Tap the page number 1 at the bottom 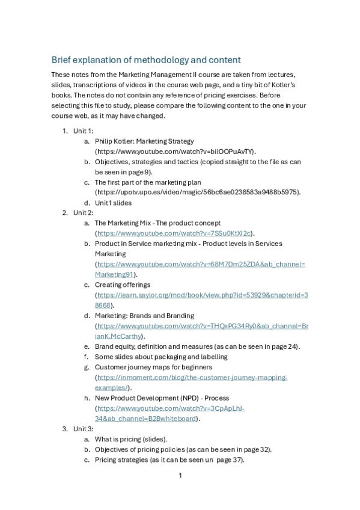tap(180, 476)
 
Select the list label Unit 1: tap(83, 131)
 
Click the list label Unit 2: tap(83, 213)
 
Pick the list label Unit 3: tap(83, 429)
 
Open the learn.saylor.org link tap(202, 295)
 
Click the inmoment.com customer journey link tap(192, 377)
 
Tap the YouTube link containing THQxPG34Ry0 tap(202, 326)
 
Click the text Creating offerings tap(123, 284)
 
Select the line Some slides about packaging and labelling tap(161, 357)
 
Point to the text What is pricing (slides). tap(131, 439)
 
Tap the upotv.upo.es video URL tap(197, 192)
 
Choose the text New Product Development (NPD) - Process tap(162, 398)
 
